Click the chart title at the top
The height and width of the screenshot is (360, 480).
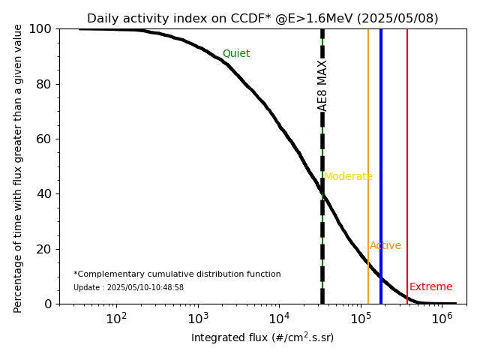pos(262,19)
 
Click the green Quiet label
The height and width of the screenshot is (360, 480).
pos(236,54)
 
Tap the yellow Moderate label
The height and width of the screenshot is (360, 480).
pos(348,177)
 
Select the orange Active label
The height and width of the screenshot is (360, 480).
pos(385,246)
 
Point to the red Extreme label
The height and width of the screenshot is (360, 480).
pos(431,287)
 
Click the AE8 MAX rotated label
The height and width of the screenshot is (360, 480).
pos(322,85)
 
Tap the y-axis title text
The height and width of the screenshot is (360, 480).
pos(19,166)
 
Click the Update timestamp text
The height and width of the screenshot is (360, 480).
pos(128,288)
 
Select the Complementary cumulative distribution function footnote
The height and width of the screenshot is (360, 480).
pos(177,274)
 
